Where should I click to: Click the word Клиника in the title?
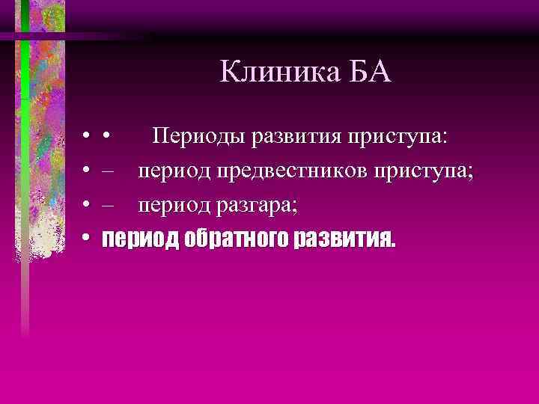click(271, 73)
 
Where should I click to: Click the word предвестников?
click(281, 171)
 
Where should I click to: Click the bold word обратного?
click(242, 239)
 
